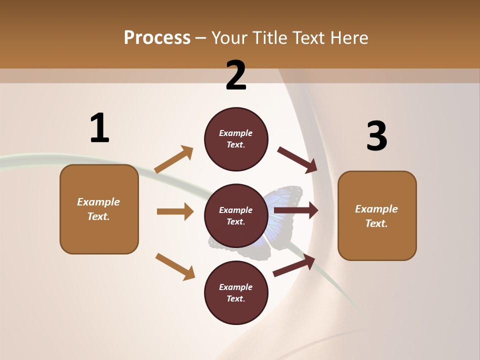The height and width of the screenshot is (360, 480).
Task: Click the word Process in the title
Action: click(x=157, y=37)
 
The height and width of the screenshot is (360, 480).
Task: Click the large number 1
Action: click(x=99, y=128)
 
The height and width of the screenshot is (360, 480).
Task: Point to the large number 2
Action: click(x=236, y=75)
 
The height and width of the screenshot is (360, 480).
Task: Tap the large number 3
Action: click(x=376, y=136)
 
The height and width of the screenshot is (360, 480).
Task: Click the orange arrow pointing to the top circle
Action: click(x=174, y=159)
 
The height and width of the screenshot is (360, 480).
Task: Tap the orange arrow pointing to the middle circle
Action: click(x=175, y=211)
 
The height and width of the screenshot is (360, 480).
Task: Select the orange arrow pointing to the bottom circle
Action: click(x=175, y=266)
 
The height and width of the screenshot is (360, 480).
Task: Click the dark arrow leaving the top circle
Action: click(x=298, y=160)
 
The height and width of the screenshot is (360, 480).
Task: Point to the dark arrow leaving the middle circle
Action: click(x=296, y=210)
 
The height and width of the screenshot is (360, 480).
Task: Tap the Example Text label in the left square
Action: click(x=98, y=209)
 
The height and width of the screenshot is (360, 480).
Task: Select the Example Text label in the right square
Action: click(x=376, y=216)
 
